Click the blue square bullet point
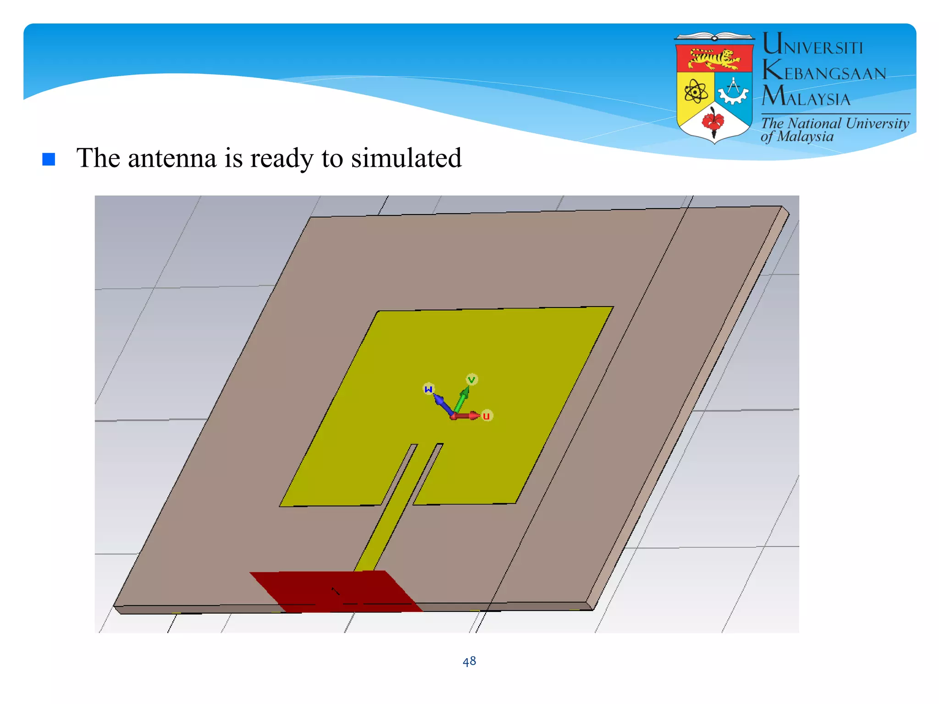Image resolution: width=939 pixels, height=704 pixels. [x=49, y=159]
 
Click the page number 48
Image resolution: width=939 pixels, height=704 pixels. [x=469, y=661]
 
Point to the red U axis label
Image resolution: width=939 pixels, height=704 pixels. [x=486, y=416]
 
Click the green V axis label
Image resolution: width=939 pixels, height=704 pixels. [x=472, y=379]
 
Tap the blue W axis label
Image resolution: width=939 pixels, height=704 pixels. [x=428, y=389]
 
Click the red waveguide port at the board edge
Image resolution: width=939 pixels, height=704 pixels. [x=336, y=591]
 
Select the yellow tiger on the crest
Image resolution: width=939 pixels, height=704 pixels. [x=714, y=58]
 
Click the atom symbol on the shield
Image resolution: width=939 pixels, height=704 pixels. [x=696, y=92]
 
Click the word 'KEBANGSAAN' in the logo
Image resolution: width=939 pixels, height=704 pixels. [x=824, y=72]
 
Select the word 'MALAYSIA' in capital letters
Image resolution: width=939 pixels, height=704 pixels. [x=806, y=97]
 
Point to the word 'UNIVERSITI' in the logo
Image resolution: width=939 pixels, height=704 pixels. [x=812, y=46]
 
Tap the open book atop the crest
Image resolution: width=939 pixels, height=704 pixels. [x=714, y=37]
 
